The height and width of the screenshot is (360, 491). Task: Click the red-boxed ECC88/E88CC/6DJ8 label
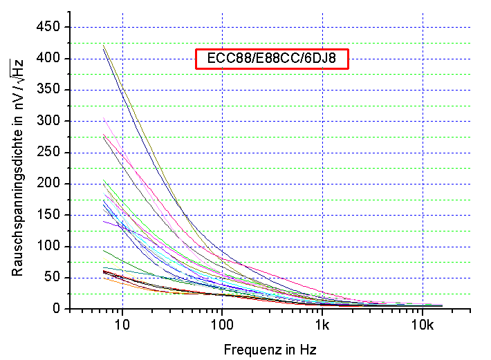[x=272, y=59]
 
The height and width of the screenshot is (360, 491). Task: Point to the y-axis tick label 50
[x=53, y=278]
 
